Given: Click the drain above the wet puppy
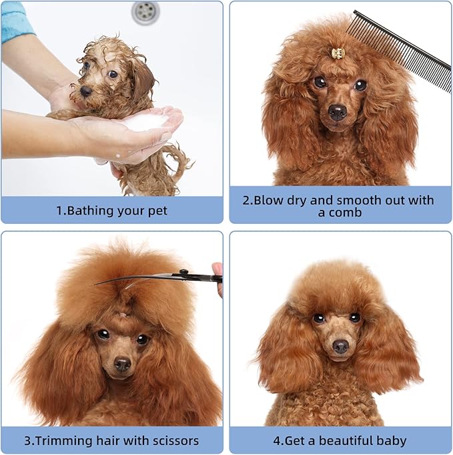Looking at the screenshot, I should tap(145, 10).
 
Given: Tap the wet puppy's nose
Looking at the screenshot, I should tap(85, 91).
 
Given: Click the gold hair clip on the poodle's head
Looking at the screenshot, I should tap(338, 53).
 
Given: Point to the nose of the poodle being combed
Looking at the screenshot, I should tap(338, 112).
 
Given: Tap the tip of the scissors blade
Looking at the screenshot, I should tap(97, 283).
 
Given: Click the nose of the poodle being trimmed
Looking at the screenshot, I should tap(122, 364).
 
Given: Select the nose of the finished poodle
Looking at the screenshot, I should tap(341, 346).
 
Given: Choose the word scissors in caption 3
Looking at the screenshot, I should tap(171, 441).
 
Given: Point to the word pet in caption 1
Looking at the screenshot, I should tap(157, 210).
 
